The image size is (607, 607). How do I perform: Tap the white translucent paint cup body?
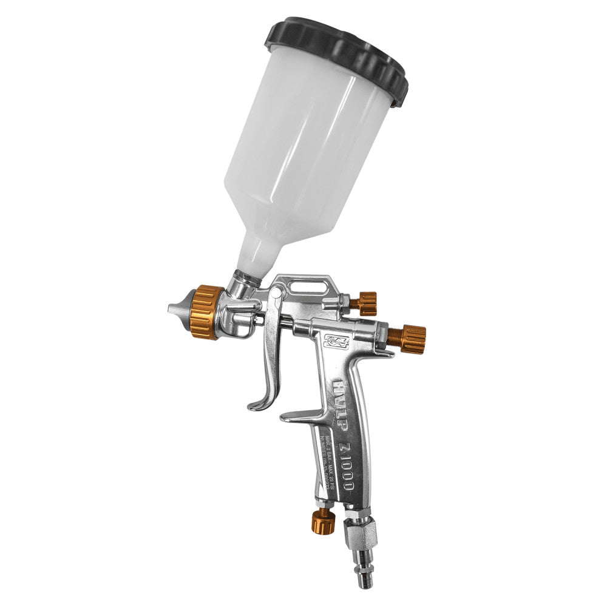[x=303, y=152]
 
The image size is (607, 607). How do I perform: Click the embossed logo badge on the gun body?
[x=335, y=344]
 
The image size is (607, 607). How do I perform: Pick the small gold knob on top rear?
[x=367, y=303]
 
